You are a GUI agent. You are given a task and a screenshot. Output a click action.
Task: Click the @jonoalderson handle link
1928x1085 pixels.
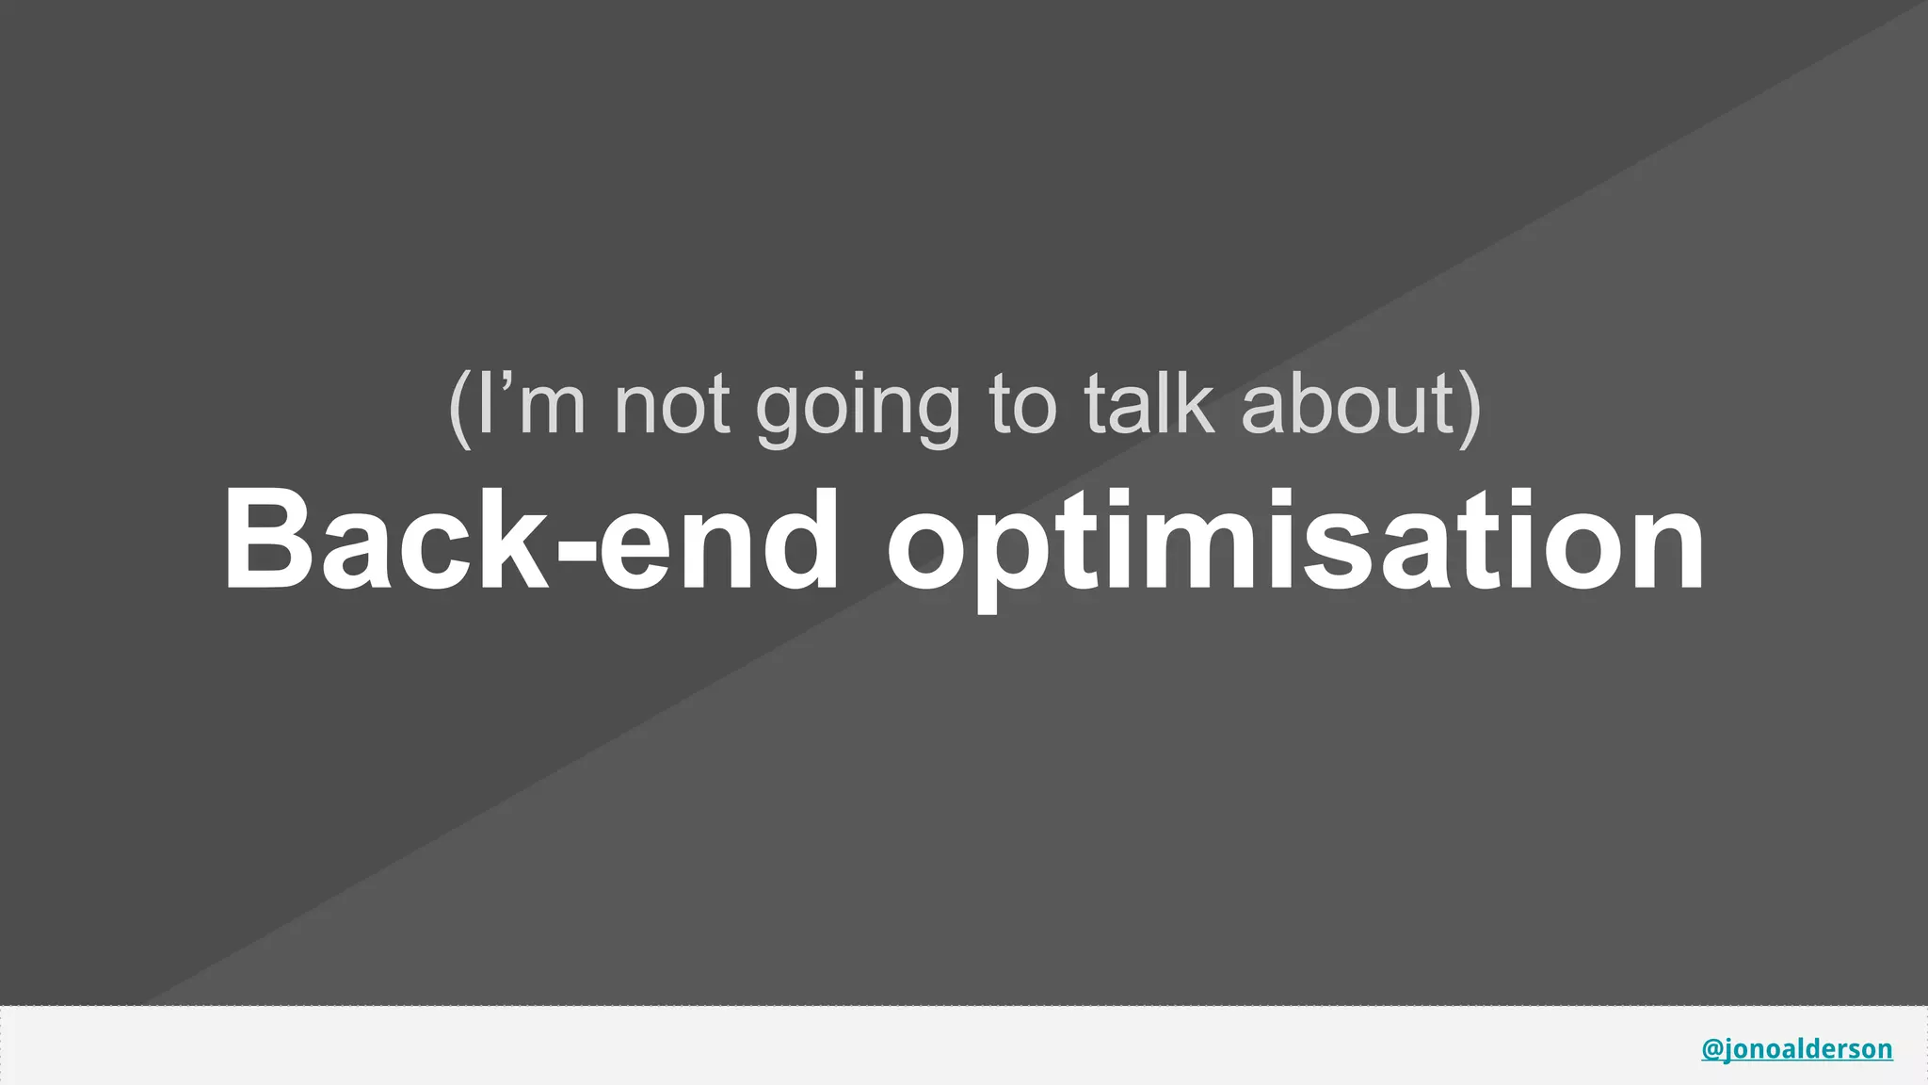pyautogui.click(x=1796, y=1048)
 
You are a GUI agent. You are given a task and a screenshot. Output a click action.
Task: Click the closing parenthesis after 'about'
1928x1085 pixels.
pyautogui.click(x=1470, y=407)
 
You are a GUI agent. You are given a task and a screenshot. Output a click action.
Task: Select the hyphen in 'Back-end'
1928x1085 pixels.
pyautogui.click(x=577, y=554)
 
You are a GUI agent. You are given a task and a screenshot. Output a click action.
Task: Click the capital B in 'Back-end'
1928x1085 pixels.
pyautogui.click(x=267, y=540)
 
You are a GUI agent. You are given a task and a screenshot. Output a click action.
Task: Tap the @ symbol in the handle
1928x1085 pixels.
pyautogui.click(x=1712, y=1048)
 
